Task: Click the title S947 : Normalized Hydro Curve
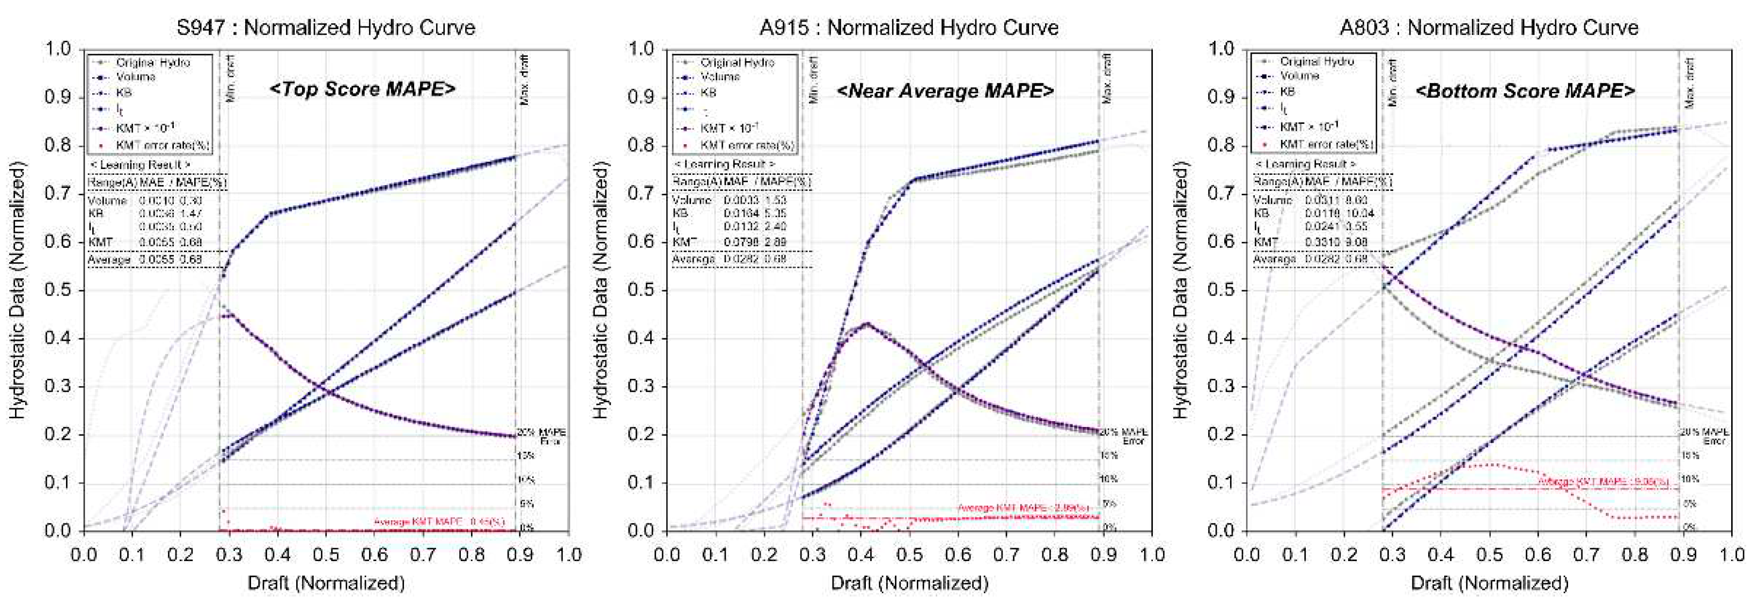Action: tap(326, 27)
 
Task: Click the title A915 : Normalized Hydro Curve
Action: tap(908, 27)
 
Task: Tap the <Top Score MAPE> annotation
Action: tap(362, 89)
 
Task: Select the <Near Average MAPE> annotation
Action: tap(945, 90)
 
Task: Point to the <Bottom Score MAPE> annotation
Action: tap(1525, 90)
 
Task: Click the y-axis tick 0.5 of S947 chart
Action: tap(57, 290)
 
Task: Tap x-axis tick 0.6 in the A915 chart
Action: tap(958, 554)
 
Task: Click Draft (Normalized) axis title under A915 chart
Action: tap(909, 583)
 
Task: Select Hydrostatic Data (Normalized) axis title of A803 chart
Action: tap(1181, 290)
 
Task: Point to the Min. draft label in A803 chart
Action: tap(1393, 82)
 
